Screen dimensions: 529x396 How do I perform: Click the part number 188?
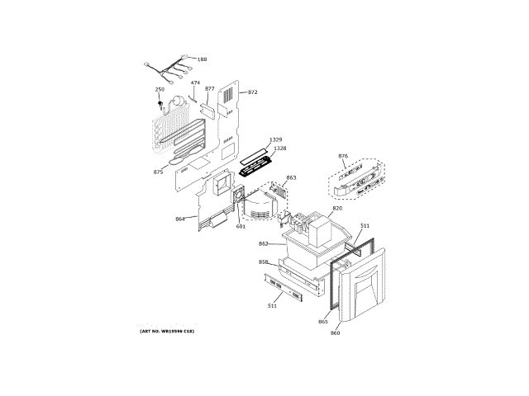203,59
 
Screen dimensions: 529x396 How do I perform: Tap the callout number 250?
160,89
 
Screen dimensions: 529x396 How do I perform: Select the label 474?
195,83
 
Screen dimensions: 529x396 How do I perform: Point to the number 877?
210,88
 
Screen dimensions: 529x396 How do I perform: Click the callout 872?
253,92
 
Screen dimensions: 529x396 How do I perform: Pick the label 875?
158,172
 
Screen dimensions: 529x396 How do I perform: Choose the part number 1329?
275,140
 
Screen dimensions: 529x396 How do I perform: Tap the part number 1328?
279,148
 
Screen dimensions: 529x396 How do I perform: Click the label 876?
344,156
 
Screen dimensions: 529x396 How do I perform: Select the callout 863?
291,177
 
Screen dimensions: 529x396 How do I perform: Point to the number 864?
180,219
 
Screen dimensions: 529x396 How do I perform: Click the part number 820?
337,209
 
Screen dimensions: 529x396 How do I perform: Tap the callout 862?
263,243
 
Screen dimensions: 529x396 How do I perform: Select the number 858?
263,262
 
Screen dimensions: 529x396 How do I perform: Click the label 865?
323,322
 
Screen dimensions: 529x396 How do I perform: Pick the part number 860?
335,332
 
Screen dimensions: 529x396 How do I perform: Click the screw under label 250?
161,103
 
